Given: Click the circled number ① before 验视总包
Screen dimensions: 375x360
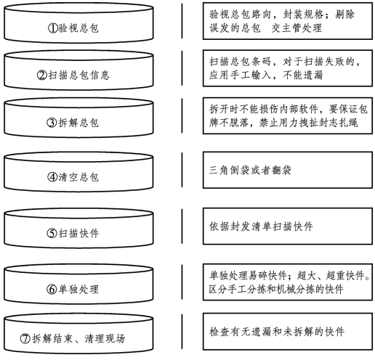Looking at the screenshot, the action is tap(52, 28).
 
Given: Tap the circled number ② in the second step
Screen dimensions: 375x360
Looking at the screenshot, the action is tap(41, 75).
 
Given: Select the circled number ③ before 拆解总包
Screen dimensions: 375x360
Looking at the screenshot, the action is tap(52, 123).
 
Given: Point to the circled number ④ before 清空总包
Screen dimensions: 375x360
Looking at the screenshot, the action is tap(52, 177).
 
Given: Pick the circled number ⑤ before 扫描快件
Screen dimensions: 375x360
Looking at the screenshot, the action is tap(52, 233).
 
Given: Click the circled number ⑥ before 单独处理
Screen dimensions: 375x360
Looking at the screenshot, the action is tap(52, 289).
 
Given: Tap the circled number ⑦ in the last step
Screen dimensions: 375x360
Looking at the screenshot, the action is tap(25, 338).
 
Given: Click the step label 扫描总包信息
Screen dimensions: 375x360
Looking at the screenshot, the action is tap(78, 75).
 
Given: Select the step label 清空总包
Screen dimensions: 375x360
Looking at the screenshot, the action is tap(78, 177).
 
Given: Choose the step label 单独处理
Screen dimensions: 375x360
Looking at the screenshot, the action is tap(78, 289).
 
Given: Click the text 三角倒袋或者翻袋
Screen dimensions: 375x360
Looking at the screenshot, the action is tap(250, 170).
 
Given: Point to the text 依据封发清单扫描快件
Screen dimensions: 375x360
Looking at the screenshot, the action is tap(261, 226).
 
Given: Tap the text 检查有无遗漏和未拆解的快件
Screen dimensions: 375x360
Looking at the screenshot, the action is tap(277, 332).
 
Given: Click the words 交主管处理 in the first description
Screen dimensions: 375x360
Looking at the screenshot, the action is tap(297, 28).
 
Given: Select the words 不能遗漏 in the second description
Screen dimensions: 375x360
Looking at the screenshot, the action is tap(303, 75).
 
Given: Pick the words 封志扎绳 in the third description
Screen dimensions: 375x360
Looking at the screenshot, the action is tap(338, 123).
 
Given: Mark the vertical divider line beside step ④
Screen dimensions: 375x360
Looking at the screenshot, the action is tap(182, 170).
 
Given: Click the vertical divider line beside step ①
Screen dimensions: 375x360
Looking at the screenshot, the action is tap(182, 21).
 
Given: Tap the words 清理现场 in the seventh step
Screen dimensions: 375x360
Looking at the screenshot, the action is tap(105, 338).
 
